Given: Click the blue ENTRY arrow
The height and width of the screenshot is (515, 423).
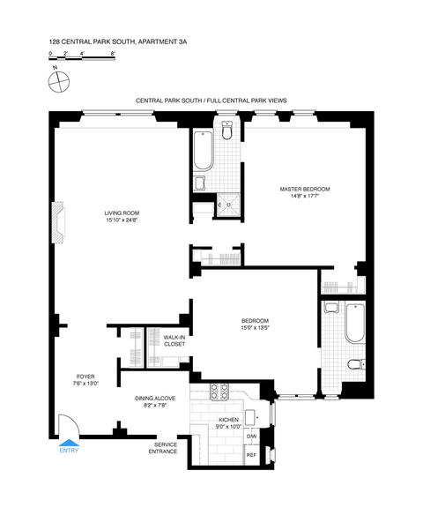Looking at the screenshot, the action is [69, 443].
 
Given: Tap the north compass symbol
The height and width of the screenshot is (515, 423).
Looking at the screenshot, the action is [59, 82].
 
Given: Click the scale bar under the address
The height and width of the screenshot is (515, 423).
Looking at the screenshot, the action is [82, 59].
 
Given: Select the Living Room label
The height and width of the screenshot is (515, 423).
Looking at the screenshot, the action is [122, 216].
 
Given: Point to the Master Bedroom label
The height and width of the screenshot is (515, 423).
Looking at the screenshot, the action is [305, 192].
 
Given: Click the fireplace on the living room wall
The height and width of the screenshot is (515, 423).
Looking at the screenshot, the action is [58, 222].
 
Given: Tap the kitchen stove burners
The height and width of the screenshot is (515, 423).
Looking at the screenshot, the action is [219, 392].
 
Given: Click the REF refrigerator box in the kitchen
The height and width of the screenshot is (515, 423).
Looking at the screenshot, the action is [252, 455].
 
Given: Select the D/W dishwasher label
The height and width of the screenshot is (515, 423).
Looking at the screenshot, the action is [251, 437].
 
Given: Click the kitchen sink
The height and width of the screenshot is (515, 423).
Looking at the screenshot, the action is [253, 418].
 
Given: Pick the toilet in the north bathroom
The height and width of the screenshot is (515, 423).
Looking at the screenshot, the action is [226, 131].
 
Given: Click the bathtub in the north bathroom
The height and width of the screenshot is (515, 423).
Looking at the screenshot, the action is [204, 151].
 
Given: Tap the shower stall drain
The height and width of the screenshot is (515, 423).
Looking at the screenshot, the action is [229, 205].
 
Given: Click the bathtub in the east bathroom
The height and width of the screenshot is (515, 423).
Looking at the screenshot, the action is [355, 324].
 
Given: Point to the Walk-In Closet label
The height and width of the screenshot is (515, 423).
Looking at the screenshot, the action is [174, 341].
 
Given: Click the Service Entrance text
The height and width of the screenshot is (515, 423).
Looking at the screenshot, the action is [163, 448].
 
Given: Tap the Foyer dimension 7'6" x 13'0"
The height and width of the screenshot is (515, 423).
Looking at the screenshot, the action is [86, 384].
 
